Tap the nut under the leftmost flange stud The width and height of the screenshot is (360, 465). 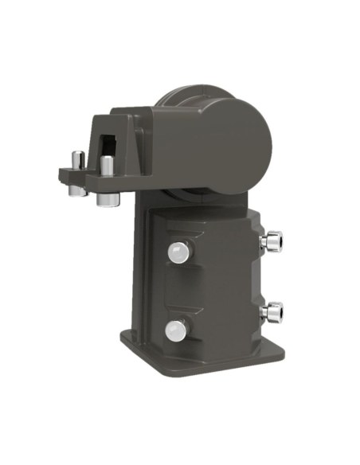75,190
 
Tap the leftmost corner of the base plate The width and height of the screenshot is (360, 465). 122,335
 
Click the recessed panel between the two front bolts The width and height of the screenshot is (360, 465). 178,291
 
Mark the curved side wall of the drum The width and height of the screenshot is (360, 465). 171,139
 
